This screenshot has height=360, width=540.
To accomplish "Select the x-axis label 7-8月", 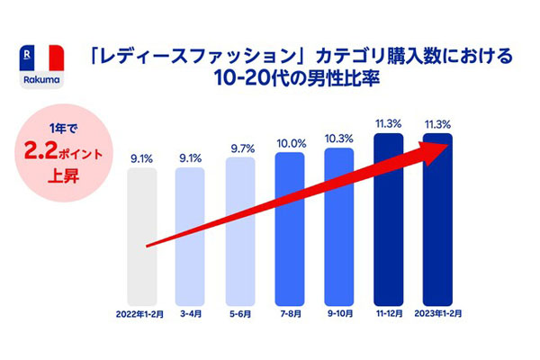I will point(291,314).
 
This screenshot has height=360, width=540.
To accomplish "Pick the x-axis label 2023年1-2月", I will point(438,314).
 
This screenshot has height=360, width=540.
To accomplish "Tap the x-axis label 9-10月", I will point(339,314).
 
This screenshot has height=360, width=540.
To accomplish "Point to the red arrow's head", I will point(445,148).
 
